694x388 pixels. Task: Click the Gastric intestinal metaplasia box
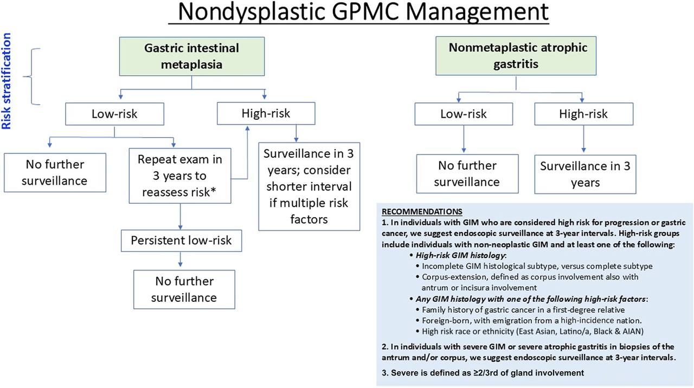[192, 56]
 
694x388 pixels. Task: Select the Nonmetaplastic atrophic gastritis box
[516, 56]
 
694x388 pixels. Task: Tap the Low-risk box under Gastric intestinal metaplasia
[114, 114]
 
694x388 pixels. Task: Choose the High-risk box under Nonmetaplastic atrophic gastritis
[584, 114]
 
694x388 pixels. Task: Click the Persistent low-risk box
[181, 241]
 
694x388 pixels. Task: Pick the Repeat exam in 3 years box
[180, 176]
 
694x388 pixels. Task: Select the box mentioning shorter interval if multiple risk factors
[309, 186]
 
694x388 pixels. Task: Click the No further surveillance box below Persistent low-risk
[184, 289]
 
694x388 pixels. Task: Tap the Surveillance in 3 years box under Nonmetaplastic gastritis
[585, 174]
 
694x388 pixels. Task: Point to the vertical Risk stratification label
[6, 81]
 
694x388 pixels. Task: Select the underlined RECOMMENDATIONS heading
[422, 212]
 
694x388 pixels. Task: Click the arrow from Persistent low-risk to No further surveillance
[181, 260]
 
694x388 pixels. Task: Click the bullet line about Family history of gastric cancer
[520, 310]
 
